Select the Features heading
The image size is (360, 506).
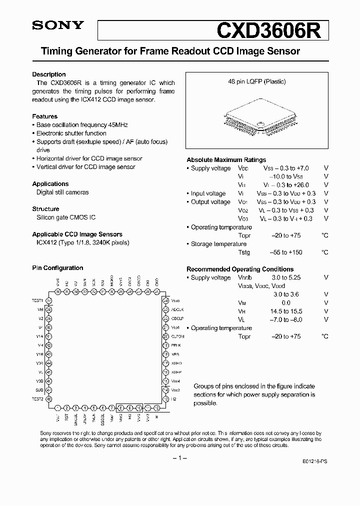tap(44, 116)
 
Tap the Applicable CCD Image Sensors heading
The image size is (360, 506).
tap(77, 234)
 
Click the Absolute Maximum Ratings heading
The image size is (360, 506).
tap(226, 160)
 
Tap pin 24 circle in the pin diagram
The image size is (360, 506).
tap(165, 300)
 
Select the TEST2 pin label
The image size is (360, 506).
tap(38, 399)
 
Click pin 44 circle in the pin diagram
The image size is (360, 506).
tap(49, 363)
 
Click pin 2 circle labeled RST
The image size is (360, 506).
tap(66, 407)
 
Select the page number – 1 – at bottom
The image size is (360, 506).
tap(179, 458)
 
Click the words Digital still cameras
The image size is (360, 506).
tap(62, 192)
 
